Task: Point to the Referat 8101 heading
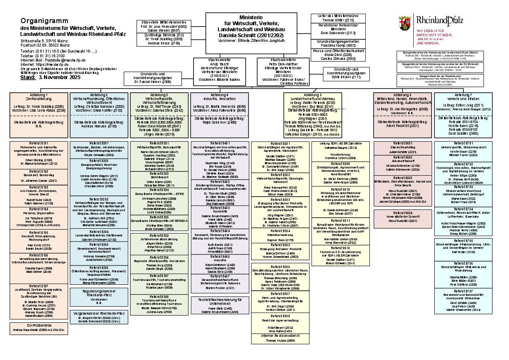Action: tap(38, 143)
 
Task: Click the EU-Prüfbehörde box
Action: tap(38, 328)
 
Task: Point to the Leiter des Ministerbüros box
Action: tap(338, 18)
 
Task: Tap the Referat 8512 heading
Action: tap(340, 248)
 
